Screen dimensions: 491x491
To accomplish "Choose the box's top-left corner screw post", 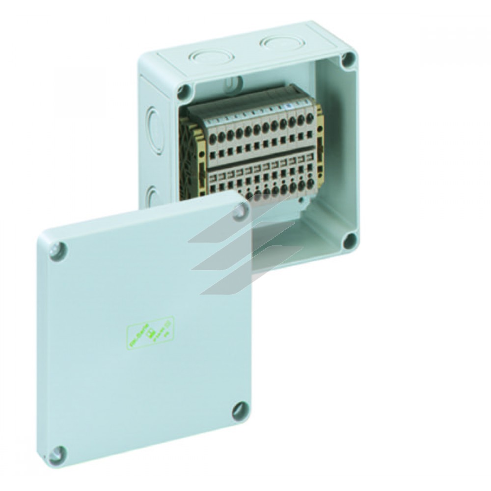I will click(x=185, y=90).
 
